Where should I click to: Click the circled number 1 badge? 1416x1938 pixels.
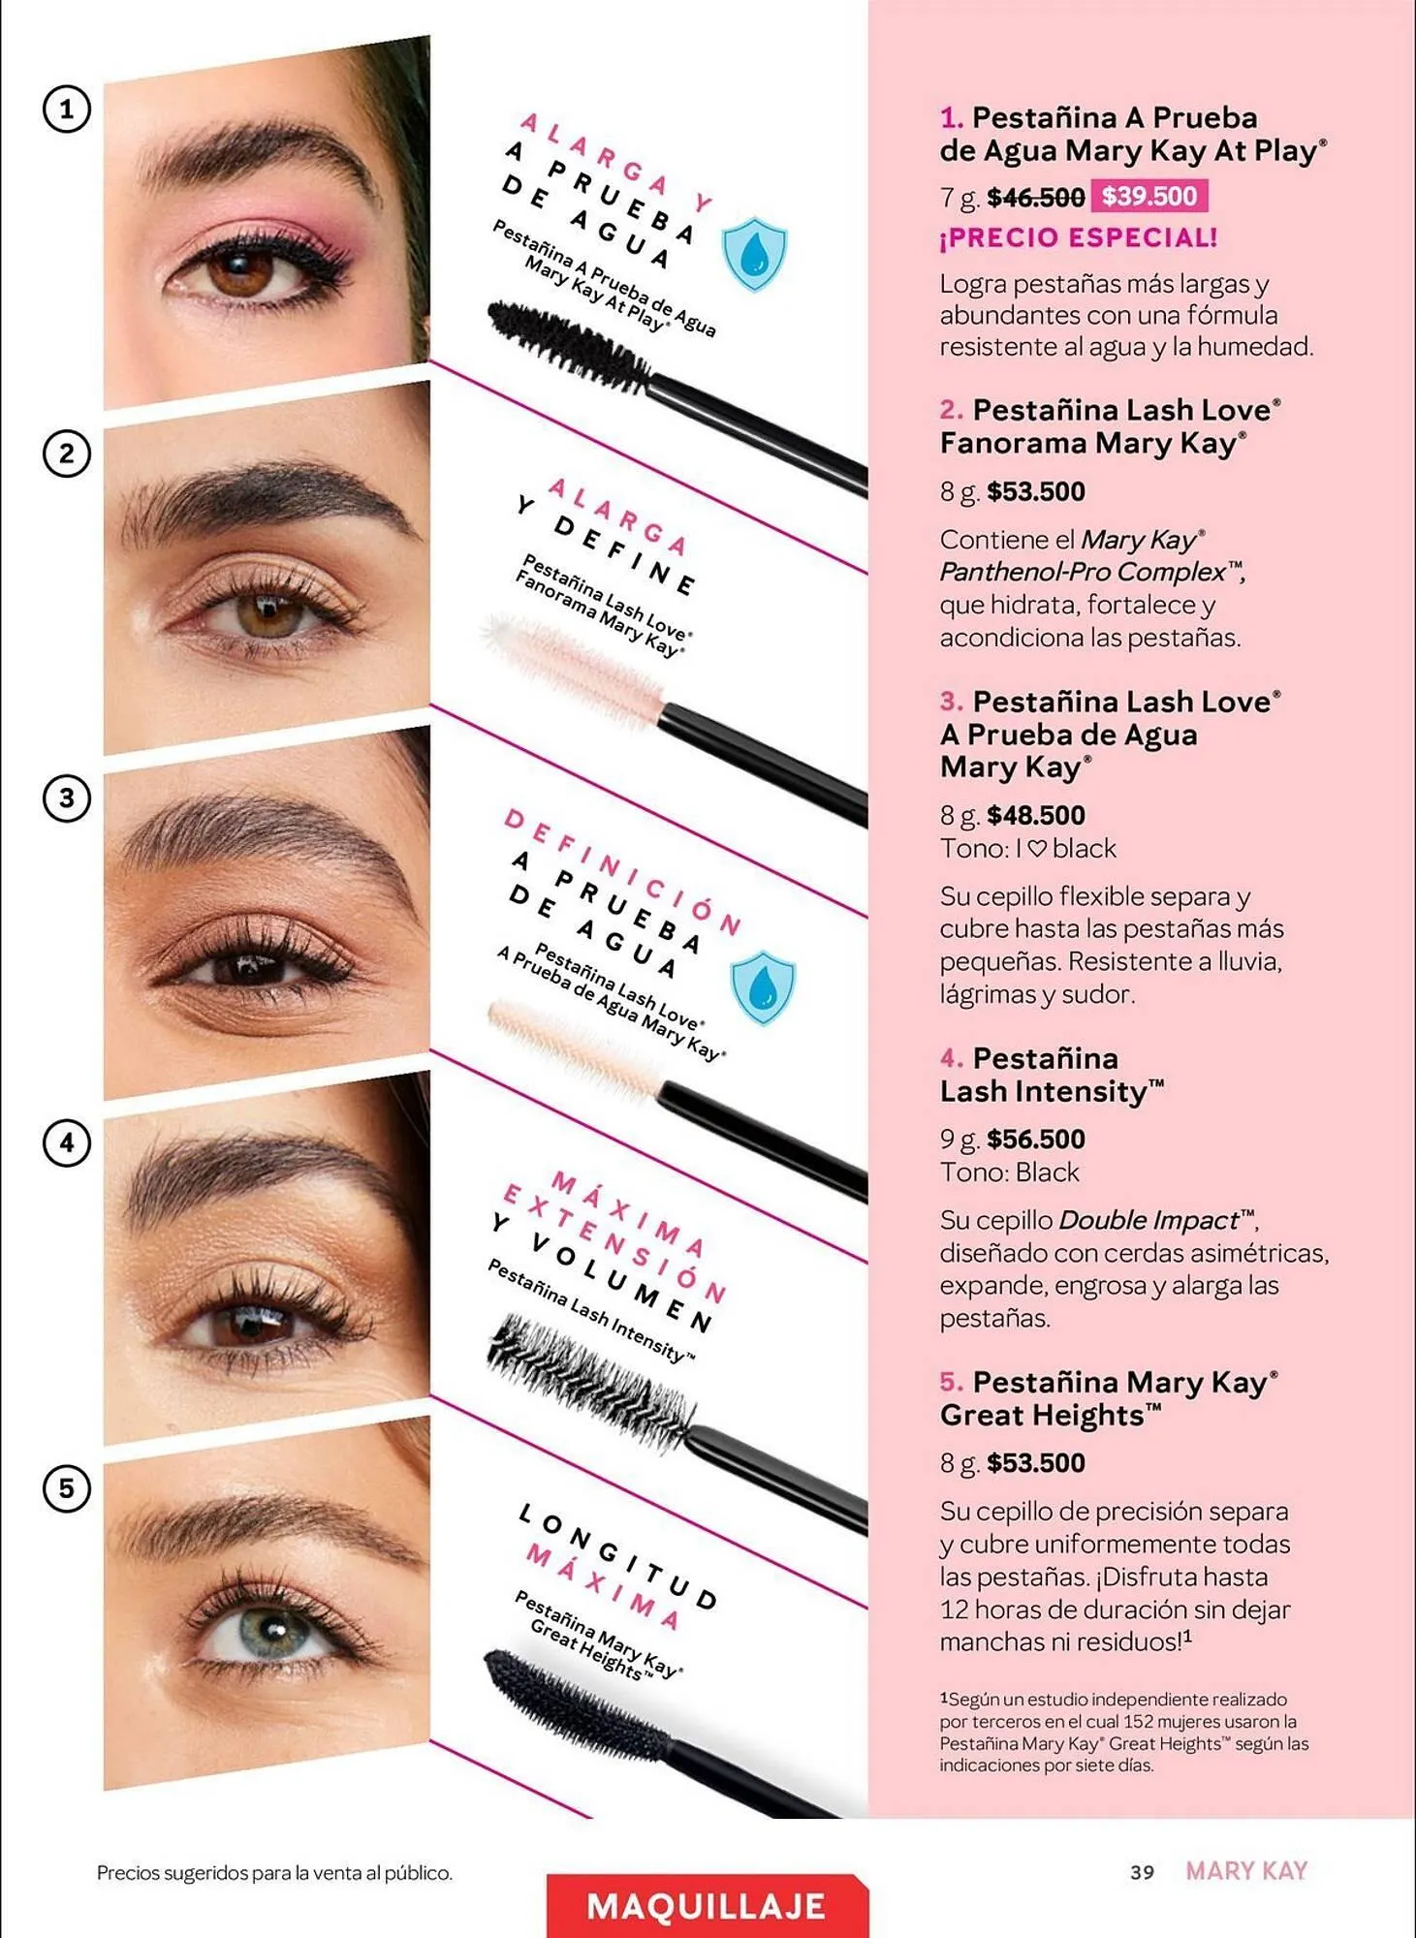pos(66,109)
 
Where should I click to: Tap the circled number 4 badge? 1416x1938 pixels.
pos(66,1142)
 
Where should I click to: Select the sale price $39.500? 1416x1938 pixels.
pos(1149,196)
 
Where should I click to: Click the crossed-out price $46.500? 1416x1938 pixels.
pos(1035,198)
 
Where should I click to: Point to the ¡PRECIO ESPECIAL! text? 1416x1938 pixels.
pos(1078,237)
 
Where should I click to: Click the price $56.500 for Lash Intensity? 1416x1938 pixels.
pos(1035,1139)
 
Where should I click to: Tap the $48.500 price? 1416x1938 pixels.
pos(1035,815)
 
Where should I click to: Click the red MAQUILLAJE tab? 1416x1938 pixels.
pos(707,1906)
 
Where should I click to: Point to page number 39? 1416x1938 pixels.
pos(1142,1872)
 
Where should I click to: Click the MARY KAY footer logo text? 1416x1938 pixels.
pos(1246,1871)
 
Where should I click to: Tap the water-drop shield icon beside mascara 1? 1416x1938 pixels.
pos(754,254)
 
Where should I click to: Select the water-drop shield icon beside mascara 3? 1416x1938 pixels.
pos(763,987)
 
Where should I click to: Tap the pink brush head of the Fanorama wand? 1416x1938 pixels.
pos(572,662)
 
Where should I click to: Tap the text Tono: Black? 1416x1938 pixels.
pos(1009,1172)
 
